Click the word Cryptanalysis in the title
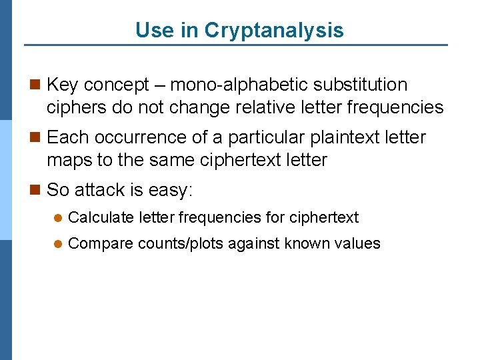click(274, 31)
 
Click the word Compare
click(101, 244)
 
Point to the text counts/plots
click(181, 244)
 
